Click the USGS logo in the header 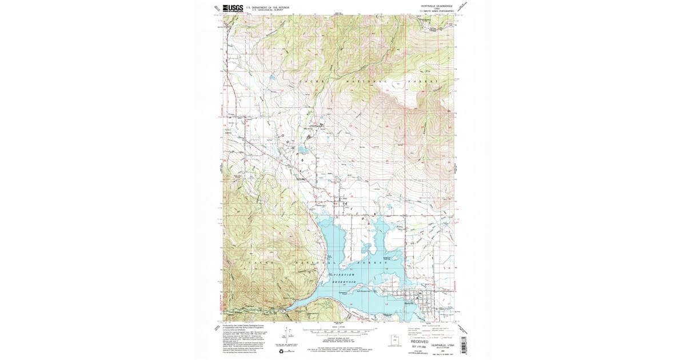tap(233, 8)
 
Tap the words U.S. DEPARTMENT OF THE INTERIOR tap(268, 7)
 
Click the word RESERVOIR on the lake tap(345, 283)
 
